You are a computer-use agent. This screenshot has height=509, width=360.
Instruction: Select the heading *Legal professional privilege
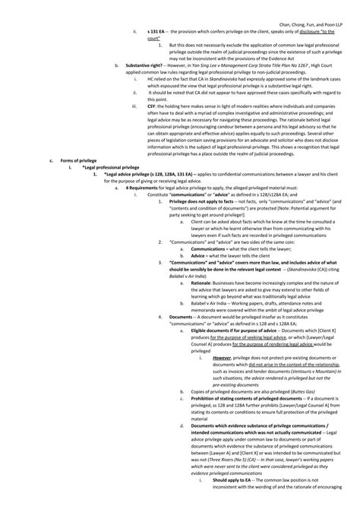click(113, 189)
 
